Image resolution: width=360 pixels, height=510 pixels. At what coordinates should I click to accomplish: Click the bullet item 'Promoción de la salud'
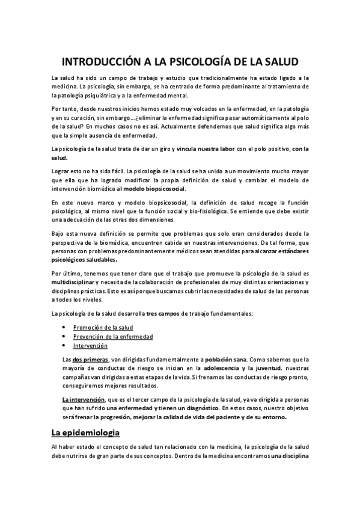103,327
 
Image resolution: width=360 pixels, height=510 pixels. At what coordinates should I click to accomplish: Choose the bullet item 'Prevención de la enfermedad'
113,336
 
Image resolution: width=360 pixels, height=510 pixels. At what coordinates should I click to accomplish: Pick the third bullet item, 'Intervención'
90,346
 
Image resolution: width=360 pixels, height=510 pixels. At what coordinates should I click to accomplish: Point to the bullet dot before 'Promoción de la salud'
64,327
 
